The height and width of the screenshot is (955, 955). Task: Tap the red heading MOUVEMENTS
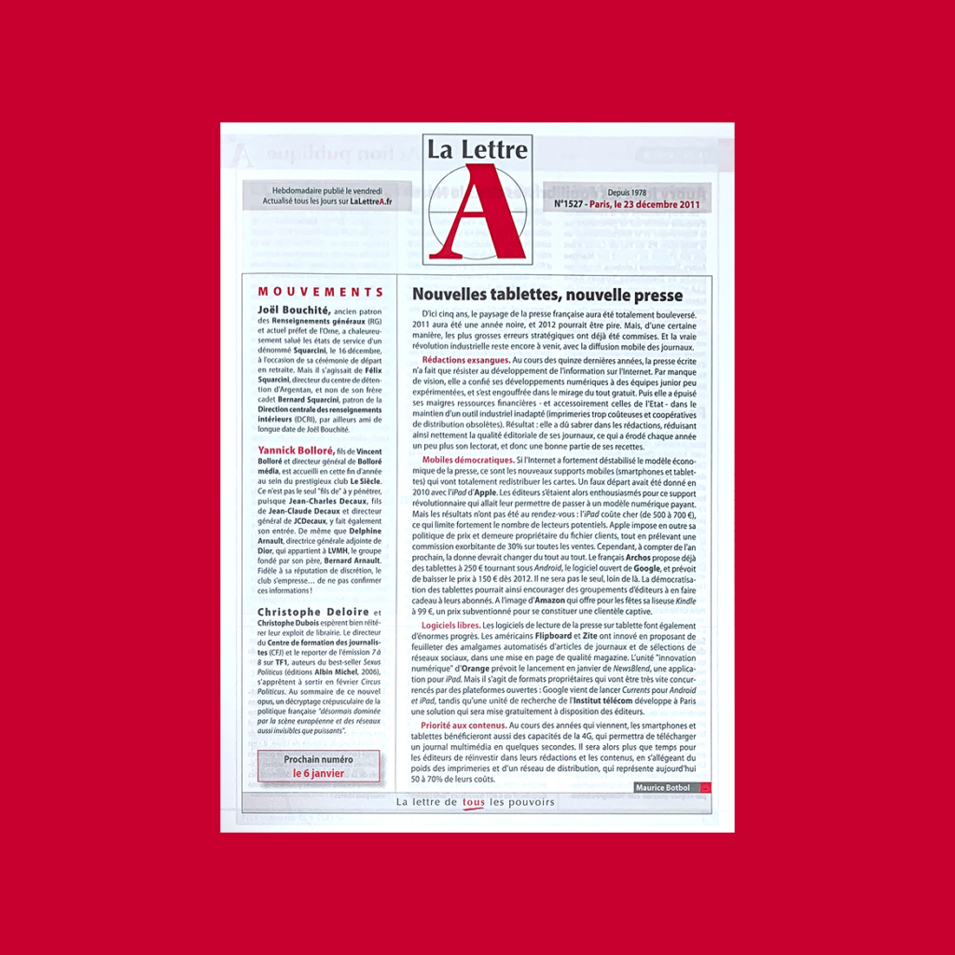click(321, 292)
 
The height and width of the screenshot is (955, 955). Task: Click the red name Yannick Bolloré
click(294, 450)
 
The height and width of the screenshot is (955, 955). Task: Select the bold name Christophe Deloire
click(301, 611)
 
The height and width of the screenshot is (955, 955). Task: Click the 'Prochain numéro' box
click(319, 766)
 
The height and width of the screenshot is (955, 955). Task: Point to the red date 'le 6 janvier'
click(319, 773)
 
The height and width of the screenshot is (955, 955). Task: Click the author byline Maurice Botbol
click(663, 788)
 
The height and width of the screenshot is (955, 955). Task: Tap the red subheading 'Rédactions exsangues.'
click(465, 360)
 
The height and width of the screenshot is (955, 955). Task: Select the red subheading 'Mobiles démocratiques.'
click(467, 460)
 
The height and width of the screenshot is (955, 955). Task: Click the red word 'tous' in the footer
click(474, 802)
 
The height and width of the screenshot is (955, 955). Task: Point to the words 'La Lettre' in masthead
click(477, 149)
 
